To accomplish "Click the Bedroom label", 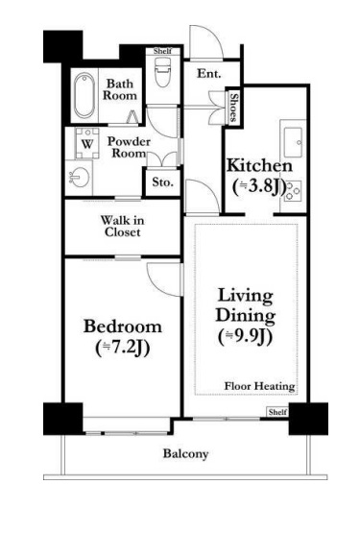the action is [122, 327].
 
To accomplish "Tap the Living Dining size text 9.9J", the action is [246, 337].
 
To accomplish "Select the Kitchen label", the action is [259, 165].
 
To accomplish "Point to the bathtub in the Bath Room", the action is [84, 95].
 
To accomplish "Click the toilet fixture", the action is [162, 71].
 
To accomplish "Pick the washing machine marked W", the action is [87, 143].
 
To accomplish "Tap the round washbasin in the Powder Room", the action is [80, 177].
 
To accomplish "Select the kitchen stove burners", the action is [293, 191].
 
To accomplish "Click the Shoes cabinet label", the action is [233, 108].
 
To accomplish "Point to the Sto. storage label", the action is [162, 182].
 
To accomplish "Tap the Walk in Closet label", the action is [122, 226].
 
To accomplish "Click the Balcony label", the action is [185, 454].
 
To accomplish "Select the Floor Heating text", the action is [259, 386].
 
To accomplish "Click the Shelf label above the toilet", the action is [162, 51].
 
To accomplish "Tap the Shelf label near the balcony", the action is [277, 412].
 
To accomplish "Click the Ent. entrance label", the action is [208, 73].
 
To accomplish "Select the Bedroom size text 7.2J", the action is [123, 348].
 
